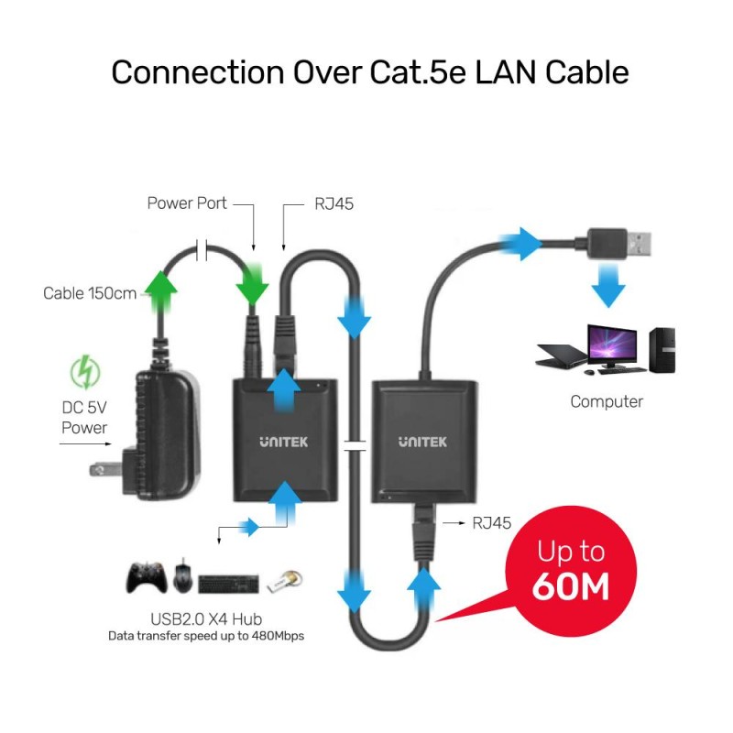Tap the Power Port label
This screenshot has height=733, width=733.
point(187,203)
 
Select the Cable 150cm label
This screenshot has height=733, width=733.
point(90,293)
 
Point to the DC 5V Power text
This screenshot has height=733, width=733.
point(84,418)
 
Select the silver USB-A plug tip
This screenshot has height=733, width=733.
point(640,243)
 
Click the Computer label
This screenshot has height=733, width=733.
point(607,401)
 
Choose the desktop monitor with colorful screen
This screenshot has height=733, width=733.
point(613,348)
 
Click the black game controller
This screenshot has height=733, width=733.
point(145,577)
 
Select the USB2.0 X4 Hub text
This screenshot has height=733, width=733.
point(199,617)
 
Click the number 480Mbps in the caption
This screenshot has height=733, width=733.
point(276,635)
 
